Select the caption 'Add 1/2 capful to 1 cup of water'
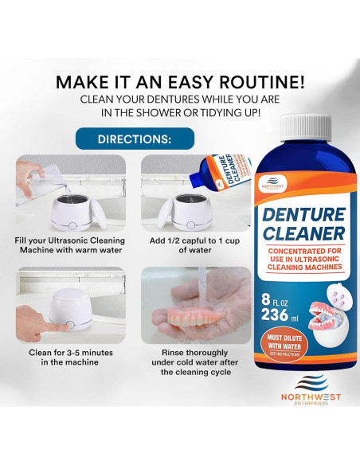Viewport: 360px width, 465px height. pyautogui.click(x=187, y=244)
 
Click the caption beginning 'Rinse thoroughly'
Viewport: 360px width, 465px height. pyautogui.click(x=187, y=361)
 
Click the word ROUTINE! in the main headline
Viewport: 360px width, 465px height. pyautogui.click(x=259, y=82)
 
